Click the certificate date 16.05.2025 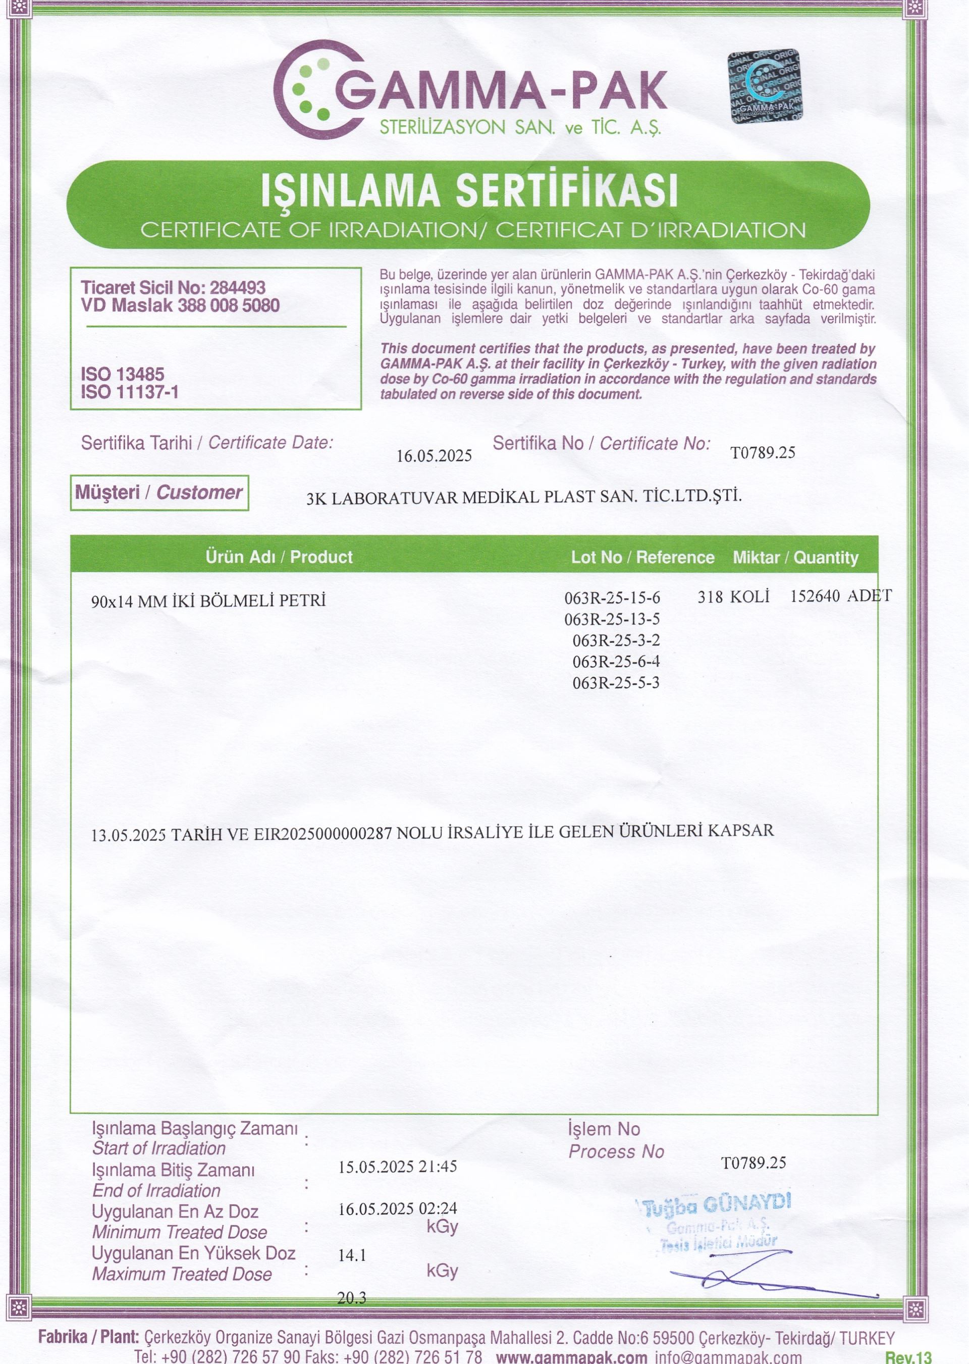tap(434, 456)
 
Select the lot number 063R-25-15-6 tap(612, 597)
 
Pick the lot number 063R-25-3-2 tap(616, 640)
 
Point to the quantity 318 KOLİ tap(733, 596)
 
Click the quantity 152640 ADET tap(841, 596)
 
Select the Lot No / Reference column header tap(642, 557)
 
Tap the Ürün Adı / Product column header tap(279, 557)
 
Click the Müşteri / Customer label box tap(158, 492)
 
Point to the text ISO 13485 tap(122, 374)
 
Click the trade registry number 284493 tap(238, 288)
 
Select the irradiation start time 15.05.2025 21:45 tap(397, 1167)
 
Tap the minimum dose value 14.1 tap(352, 1255)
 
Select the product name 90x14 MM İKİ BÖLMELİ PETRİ tap(208, 600)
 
